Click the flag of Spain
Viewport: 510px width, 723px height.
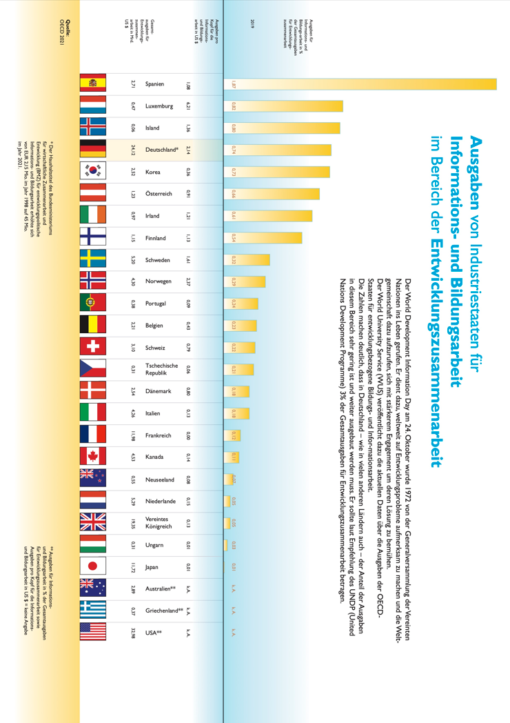point(92,84)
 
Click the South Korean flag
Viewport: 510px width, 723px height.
point(92,172)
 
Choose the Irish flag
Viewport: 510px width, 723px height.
point(92,216)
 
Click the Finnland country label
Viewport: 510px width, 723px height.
point(155,238)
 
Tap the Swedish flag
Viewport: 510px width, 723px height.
point(92,260)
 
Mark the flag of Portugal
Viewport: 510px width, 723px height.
point(92,304)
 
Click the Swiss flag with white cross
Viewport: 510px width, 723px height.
point(92,348)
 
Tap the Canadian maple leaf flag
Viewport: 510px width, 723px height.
point(92,457)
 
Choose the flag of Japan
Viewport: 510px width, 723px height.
point(92,567)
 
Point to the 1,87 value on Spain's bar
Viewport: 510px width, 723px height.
point(234,84)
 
